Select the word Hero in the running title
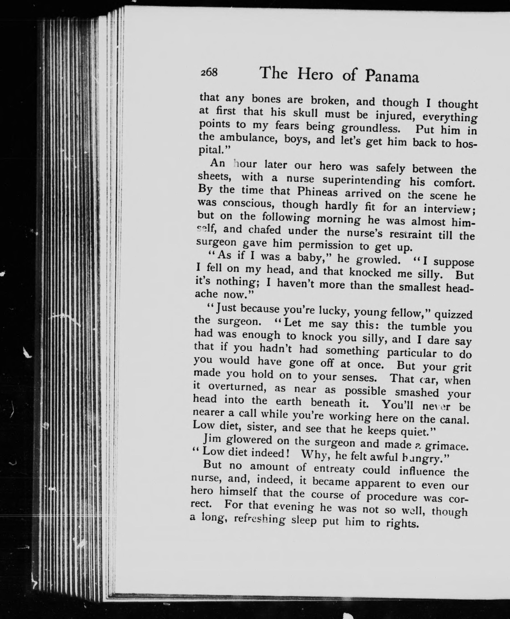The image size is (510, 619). [315, 74]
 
